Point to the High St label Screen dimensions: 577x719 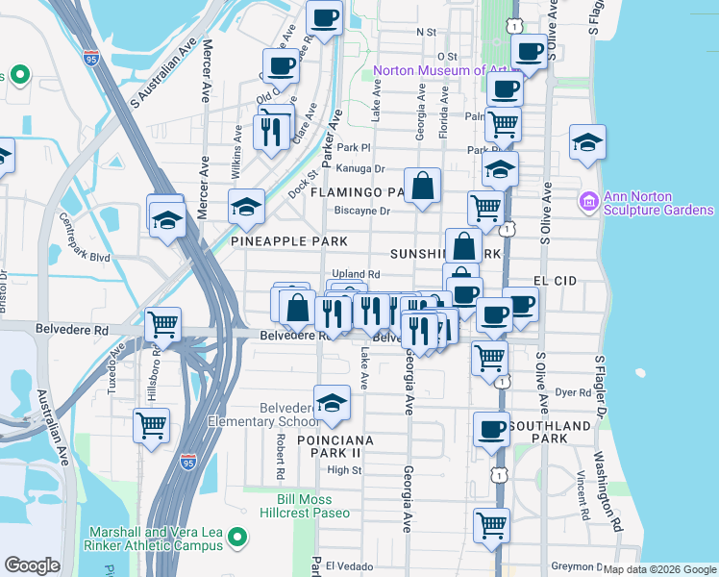click(343, 470)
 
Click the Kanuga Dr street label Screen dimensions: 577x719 click(359, 168)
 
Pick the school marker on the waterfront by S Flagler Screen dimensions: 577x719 click(587, 142)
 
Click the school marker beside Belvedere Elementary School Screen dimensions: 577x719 click(332, 402)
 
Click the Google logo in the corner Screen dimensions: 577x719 click(32, 565)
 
